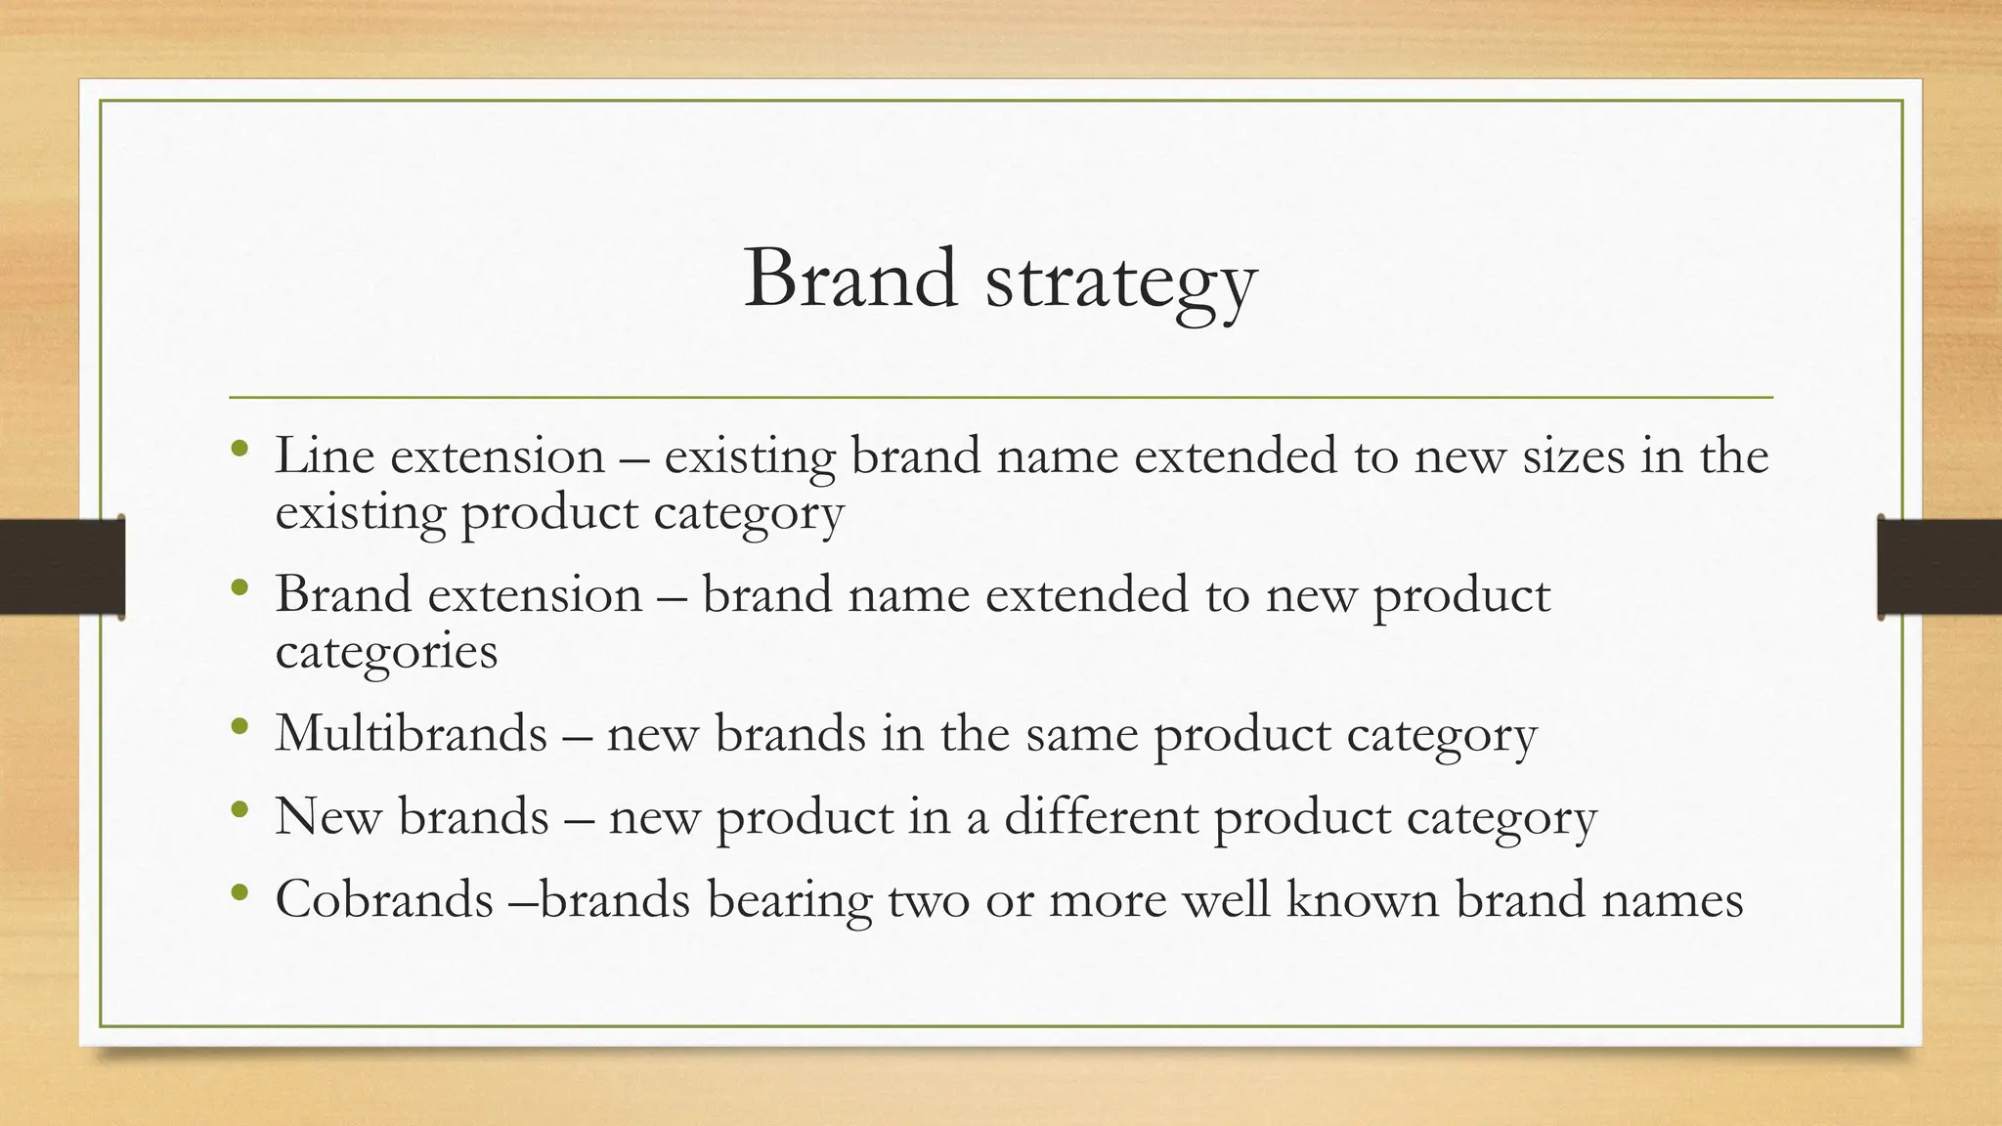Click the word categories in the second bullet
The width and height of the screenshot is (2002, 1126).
pos(386,651)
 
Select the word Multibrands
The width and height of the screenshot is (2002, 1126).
pos(411,733)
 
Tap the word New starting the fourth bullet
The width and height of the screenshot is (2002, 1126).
pos(327,816)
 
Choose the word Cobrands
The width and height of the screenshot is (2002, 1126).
pos(384,899)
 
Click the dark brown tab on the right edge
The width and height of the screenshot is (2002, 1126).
pos(1939,567)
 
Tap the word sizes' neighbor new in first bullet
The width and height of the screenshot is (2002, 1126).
pos(1460,457)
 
